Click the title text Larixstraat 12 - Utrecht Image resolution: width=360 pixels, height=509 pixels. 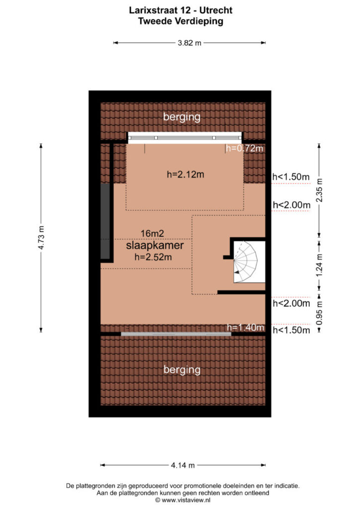click(180, 10)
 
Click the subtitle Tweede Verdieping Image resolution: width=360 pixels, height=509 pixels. click(180, 21)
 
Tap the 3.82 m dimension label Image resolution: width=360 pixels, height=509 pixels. click(189, 43)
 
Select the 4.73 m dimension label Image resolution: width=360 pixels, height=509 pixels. click(41, 238)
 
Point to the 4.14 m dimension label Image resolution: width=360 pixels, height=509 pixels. click(183, 465)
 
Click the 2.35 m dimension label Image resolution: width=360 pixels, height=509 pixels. click(319, 190)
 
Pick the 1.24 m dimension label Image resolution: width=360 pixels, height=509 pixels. click(319, 265)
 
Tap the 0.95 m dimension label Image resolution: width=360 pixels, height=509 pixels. click(319, 313)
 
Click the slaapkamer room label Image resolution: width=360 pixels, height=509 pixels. click(155, 246)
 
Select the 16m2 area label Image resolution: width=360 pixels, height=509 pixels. click(152, 234)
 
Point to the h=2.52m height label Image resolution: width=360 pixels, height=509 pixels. click(153, 257)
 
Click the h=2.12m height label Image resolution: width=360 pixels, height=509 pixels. click(185, 174)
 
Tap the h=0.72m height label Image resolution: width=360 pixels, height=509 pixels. click(245, 148)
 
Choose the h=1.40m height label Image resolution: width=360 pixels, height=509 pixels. click(246, 328)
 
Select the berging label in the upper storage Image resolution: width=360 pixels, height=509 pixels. click(182, 117)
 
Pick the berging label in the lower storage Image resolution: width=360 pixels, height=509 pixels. click(182, 370)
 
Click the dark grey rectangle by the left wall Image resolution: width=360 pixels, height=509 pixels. click(105, 221)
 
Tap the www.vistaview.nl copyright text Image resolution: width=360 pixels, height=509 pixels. click(183, 500)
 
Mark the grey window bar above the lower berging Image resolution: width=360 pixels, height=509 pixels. click(176, 334)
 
